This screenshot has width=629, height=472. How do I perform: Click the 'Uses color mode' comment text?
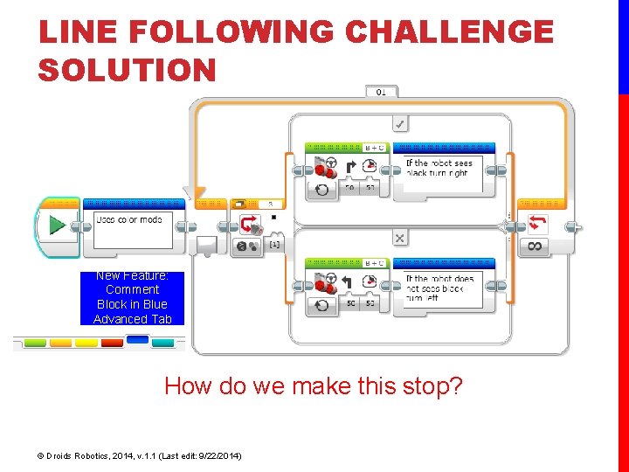(x=128, y=219)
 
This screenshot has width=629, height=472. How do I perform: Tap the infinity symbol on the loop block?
(x=535, y=246)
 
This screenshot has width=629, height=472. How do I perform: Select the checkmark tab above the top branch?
(x=399, y=124)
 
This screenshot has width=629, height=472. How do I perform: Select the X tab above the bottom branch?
(x=399, y=238)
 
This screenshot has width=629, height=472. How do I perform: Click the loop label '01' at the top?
(x=381, y=91)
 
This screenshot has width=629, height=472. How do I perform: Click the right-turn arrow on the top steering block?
(x=351, y=166)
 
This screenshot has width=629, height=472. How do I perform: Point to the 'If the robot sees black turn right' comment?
(x=439, y=168)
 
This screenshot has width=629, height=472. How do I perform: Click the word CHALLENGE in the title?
(x=449, y=32)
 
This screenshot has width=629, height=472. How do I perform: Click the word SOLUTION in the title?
(x=127, y=69)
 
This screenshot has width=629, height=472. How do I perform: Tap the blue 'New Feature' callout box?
(x=132, y=297)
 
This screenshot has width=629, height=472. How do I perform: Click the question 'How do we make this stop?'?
(x=313, y=385)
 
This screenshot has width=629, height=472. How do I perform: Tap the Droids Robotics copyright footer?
(x=140, y=455)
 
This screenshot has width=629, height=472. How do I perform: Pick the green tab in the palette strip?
(x=34, y=343)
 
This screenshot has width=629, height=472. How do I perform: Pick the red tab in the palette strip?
(x=112, y=343)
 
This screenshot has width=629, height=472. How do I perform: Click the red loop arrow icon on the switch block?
(x=251, y=223)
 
